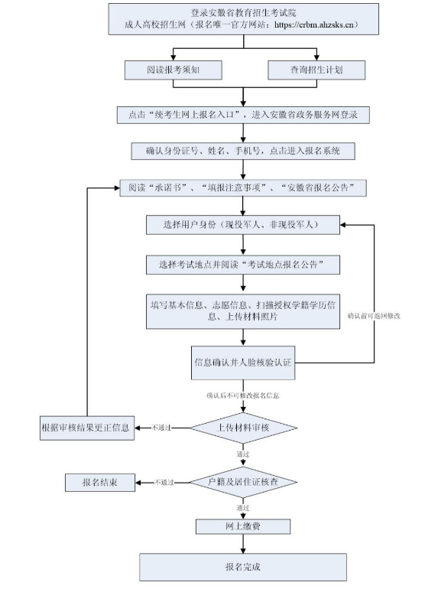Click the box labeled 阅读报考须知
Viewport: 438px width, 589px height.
click(x=174, y=70)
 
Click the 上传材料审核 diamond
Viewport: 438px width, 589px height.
click(x=243, y=427)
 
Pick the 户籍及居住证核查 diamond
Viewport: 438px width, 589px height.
click(x=243, y=483)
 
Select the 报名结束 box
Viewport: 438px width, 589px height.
click(x=100, y=483)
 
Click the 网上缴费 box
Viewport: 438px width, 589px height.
click(x=242, y=527)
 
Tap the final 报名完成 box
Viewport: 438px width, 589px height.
click(x=242, y=567)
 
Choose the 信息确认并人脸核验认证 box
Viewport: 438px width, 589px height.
click(x=243, y=362)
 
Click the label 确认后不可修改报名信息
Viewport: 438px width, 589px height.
click(x=242, y=395)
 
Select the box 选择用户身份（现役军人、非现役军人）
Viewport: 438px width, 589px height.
click(x=243, y=226)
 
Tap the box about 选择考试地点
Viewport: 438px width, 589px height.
click(x=243, y=264)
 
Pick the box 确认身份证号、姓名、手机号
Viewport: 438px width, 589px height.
click(x=243, y=150)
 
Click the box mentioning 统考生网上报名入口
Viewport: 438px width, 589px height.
click(x=243, y=115)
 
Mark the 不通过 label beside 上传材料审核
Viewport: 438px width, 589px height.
click(x=163, y=427)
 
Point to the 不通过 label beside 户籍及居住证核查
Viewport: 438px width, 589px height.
click(x=164, y=483)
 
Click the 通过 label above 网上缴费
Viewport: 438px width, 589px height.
click(x=243, y=507)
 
